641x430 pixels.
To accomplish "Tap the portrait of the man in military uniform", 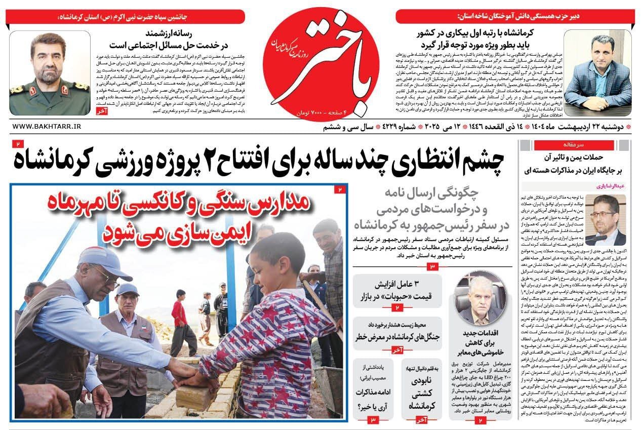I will pos(49,73).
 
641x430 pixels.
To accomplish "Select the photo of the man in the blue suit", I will pos(597,73).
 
